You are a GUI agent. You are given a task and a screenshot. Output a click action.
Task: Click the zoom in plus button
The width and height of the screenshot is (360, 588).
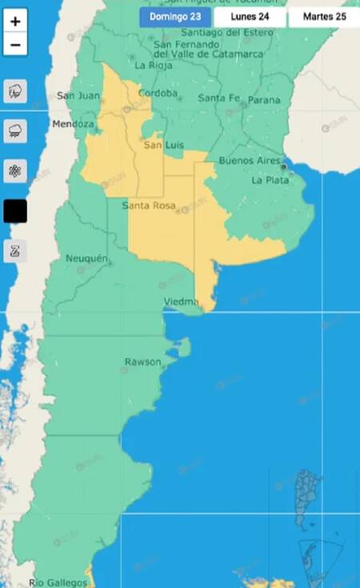[15, 22]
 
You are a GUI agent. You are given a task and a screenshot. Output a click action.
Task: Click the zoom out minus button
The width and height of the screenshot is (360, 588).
[15, 45]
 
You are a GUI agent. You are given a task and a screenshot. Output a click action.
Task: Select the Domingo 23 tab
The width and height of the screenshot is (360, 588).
[174, 17]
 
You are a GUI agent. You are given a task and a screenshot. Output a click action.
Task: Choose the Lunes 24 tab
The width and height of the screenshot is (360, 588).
[250, 17]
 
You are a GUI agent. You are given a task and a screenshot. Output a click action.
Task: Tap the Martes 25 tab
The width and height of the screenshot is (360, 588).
[324, 17]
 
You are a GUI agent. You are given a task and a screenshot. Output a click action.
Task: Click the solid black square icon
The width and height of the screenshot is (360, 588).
[15, 211]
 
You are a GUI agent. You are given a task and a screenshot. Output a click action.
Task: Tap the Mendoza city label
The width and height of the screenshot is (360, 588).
[73, 125]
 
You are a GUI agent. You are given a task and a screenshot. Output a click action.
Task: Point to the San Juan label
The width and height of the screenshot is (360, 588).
[78, 96]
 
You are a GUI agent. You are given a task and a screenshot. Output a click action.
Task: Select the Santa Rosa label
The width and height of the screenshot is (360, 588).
[148, 206]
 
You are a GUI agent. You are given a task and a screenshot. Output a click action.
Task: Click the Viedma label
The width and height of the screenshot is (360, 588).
[181, 302]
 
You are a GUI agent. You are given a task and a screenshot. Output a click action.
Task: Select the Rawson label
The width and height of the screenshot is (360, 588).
[142, 362]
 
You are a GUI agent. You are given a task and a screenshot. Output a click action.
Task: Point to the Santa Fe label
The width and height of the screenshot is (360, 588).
[218, 98]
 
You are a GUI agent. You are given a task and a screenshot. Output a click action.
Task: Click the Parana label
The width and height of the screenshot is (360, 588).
[264, 100]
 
